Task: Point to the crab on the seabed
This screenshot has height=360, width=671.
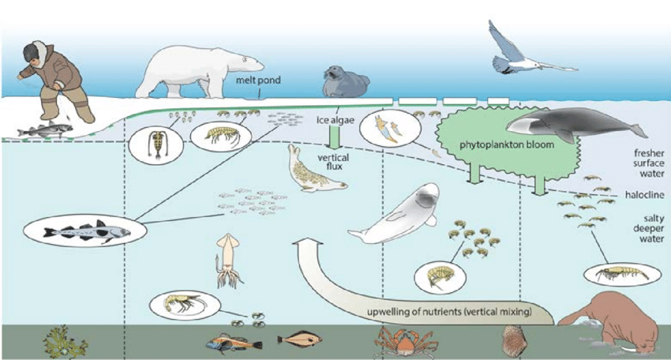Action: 399,341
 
